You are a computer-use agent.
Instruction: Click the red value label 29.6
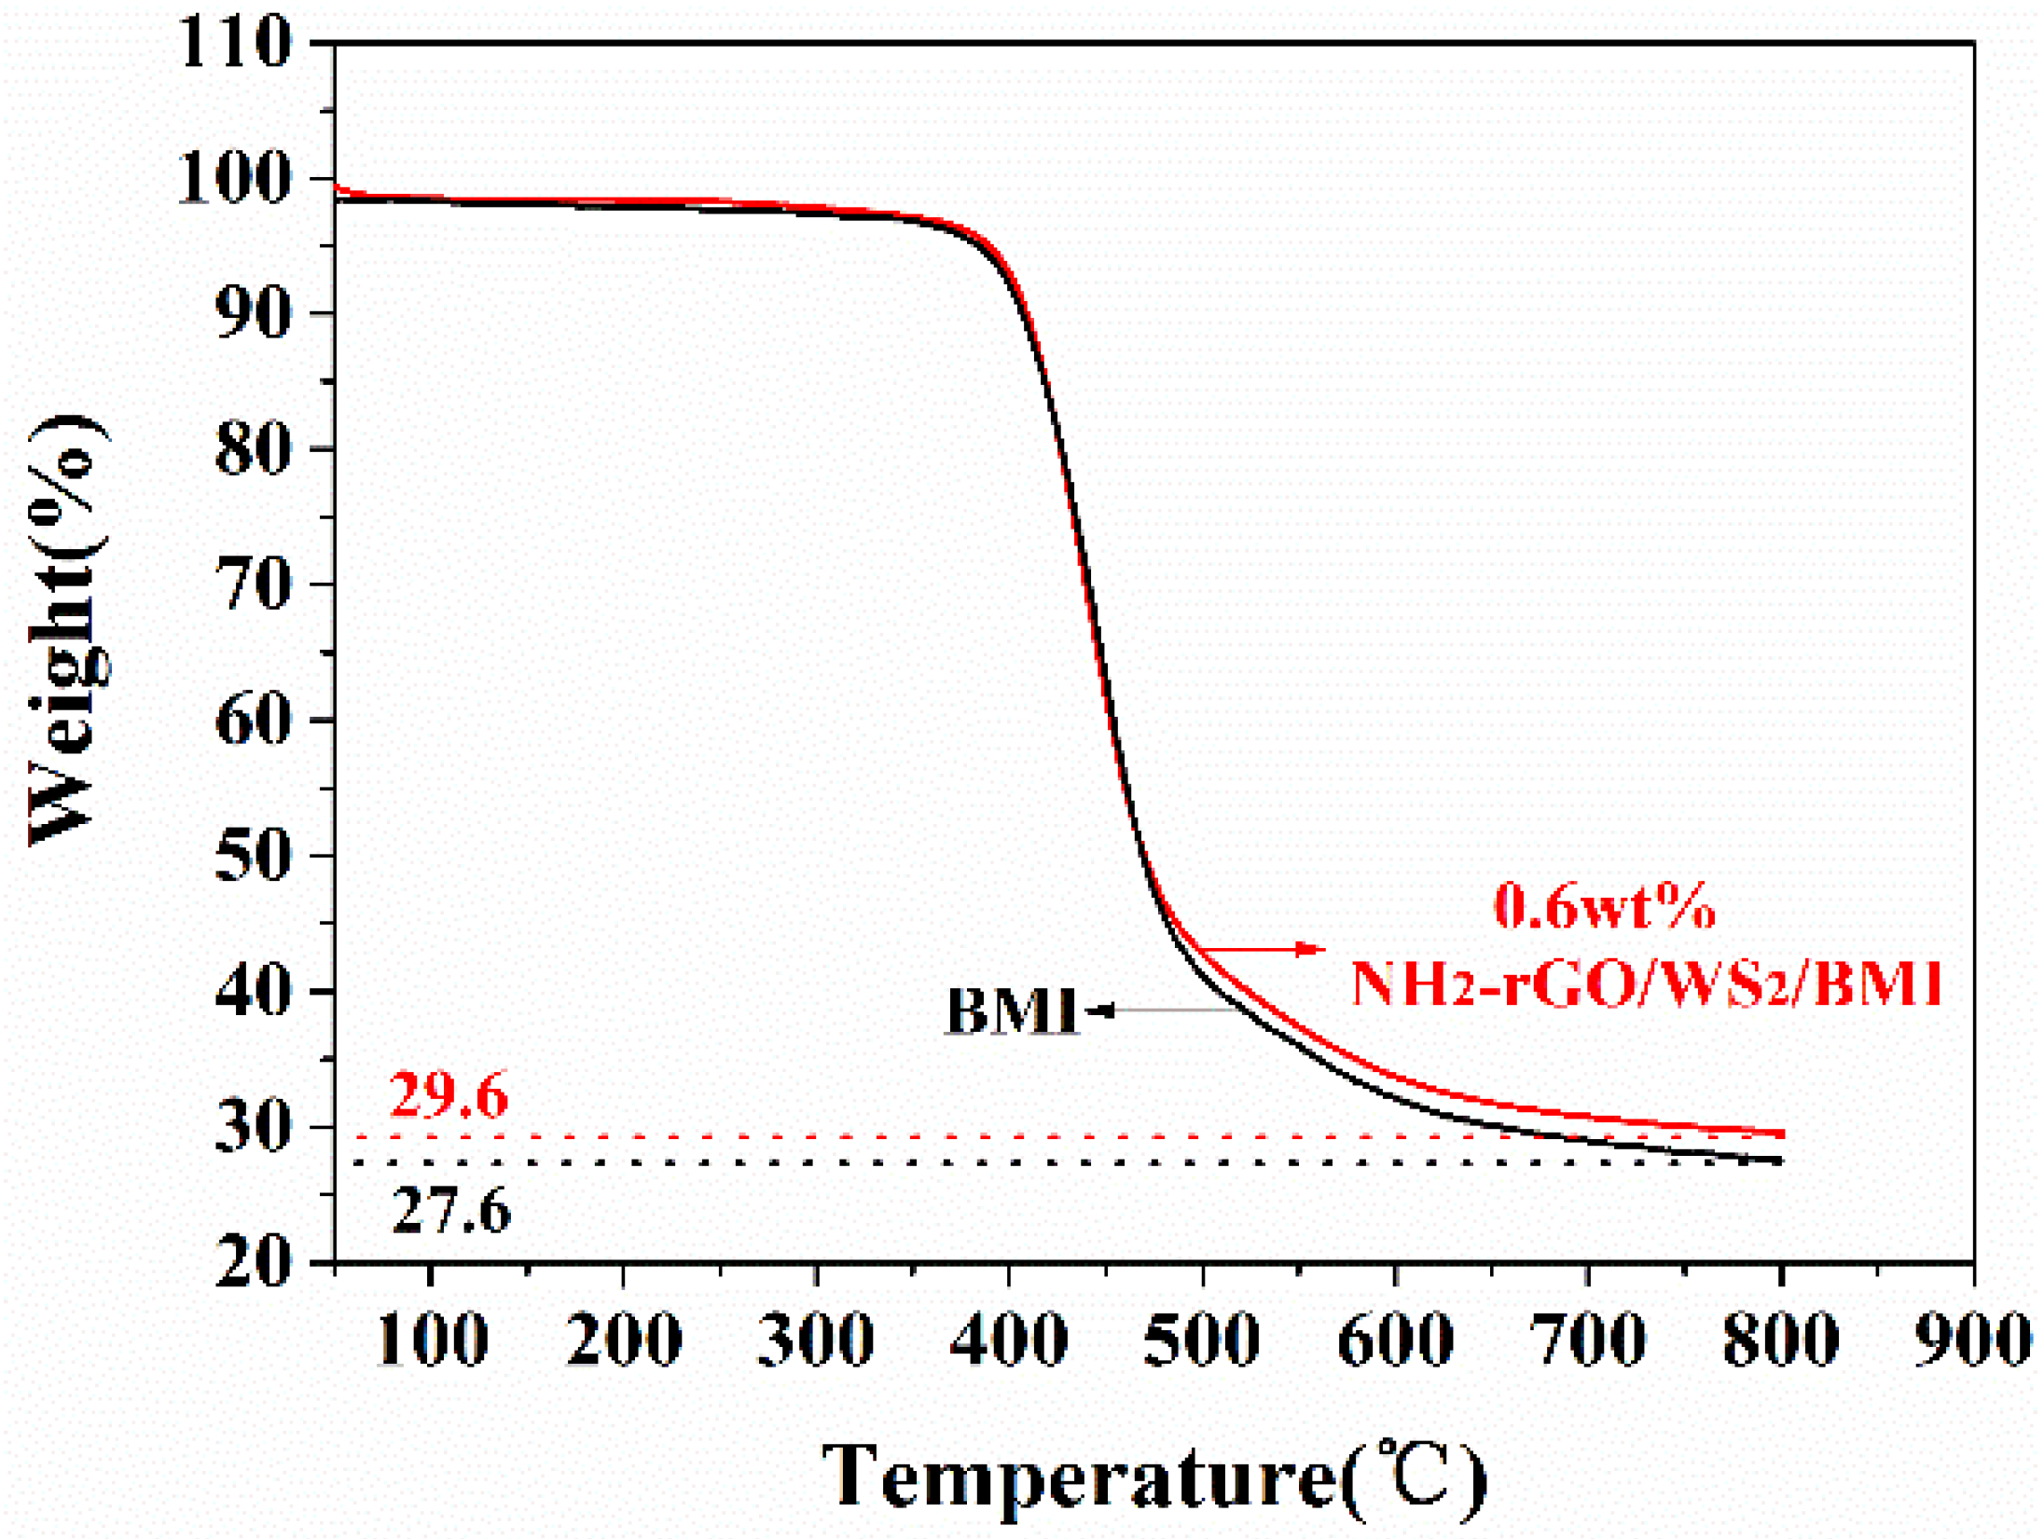449,1095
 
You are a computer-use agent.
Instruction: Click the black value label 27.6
451,1212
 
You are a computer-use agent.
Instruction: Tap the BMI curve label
1012,1011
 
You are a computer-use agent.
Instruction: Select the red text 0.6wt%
1605,906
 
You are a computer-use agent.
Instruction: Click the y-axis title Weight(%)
67,630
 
